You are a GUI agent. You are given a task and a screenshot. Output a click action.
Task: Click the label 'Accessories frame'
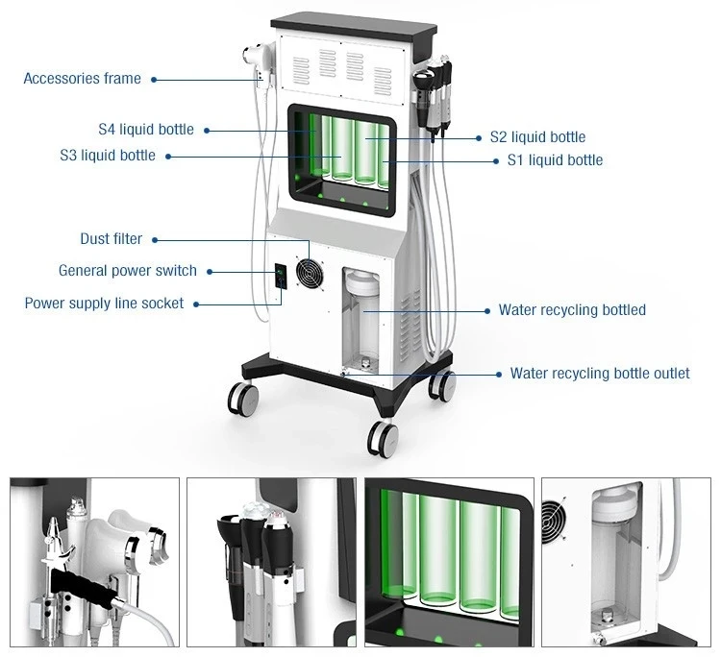point(82,79)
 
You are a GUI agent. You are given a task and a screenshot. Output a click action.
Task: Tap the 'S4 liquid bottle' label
point(145,129)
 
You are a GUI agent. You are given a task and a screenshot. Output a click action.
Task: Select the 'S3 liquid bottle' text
point(107,155)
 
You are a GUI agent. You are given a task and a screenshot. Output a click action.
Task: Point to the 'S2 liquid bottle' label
point(537,137)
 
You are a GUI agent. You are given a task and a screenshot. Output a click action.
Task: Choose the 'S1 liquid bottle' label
point(555,159)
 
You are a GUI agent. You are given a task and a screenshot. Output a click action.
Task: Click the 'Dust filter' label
point(111,238)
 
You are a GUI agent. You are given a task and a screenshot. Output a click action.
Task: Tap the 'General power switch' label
point(127,271)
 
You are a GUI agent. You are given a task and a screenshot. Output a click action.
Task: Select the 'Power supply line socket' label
point(104,303)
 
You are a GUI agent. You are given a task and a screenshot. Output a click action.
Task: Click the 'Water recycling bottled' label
point(572,310)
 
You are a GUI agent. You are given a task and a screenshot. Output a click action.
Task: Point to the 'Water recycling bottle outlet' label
point(599,373)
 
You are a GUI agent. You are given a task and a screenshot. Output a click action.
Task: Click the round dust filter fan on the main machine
point(310,272)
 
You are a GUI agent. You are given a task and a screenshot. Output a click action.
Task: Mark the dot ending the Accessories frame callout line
point(155,80)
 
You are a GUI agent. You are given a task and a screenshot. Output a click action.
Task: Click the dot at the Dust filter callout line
point(155,239)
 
